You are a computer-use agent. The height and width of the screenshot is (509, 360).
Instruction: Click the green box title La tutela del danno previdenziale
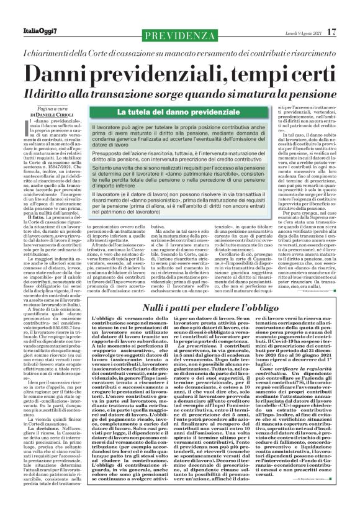[x=162, y=112]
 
